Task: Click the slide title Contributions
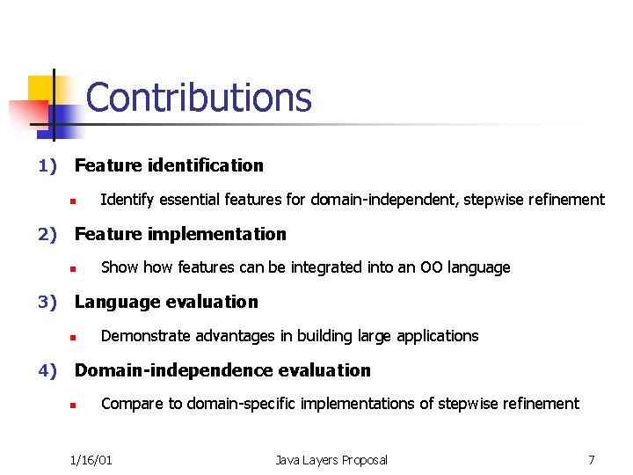coord(199,98)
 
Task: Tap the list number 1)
coord(47,165)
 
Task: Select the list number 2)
coord(47,234)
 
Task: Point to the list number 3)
coord(47,302)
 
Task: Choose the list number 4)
coord(47,370)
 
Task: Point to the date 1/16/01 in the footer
coord(91,460)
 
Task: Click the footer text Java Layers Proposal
coord(331,460)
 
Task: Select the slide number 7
coord(592,460)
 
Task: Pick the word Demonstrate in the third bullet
coord(142,335)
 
